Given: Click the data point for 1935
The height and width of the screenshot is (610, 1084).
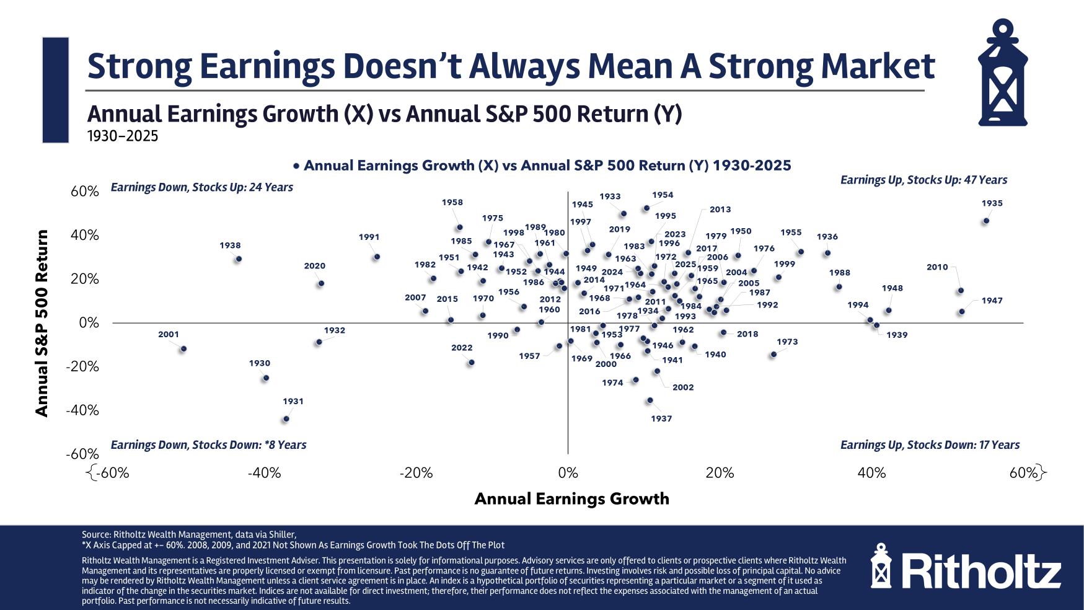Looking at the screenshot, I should [x=986, y=221].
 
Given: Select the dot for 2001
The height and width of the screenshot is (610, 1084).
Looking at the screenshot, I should [x=183, y=349].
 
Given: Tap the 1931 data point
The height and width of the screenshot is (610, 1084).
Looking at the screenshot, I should [x=286, y=419].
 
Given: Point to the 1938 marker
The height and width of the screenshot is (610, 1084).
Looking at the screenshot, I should [x=239, y=259].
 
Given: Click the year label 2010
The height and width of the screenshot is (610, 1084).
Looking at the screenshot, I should [x=937, y=267].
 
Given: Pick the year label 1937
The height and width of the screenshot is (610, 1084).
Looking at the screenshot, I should [x=661, y=418].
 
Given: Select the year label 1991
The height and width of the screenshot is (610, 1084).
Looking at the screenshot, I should [x=369, y=237].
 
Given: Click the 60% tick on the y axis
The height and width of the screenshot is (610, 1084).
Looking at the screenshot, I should [x=85, y=191].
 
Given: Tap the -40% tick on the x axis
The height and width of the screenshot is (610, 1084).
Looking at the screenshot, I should [x=265, y=473].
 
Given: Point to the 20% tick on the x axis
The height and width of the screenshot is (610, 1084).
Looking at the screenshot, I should [x=720, y=473].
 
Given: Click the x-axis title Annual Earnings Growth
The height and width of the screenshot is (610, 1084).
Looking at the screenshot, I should [x=571, y=499].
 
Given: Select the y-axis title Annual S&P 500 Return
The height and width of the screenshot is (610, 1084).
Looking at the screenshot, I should [x=42, y=323].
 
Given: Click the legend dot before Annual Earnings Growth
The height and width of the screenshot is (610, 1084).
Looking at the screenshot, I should [x=297, y=166].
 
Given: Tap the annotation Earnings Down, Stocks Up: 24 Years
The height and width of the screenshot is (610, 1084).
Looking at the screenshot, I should [x=201, y=187].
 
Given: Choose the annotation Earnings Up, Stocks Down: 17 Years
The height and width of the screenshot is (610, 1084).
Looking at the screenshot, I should [x=930, y=444].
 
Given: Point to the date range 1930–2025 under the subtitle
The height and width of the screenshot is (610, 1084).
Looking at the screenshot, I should [x=123, y=136].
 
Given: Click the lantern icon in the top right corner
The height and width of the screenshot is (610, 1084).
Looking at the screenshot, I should [x=1002, y=73].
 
